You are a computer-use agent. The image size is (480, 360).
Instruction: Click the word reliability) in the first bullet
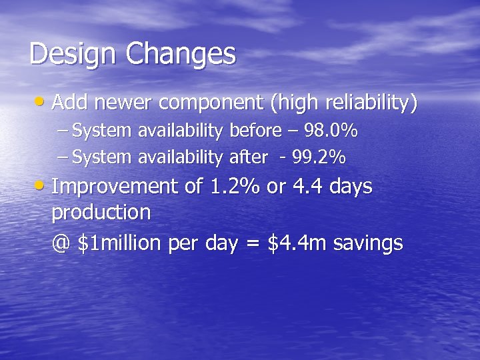(x=371, y=103)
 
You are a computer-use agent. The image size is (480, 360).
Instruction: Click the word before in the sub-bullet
(x=254, y=131)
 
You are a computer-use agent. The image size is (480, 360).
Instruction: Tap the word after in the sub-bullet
(x=248, y=158)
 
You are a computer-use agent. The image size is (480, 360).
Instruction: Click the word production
(x=101, y=213)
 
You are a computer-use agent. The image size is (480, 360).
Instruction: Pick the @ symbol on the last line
(x=61, y=243)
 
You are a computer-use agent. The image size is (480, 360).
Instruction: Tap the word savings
(x=368, y=244)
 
